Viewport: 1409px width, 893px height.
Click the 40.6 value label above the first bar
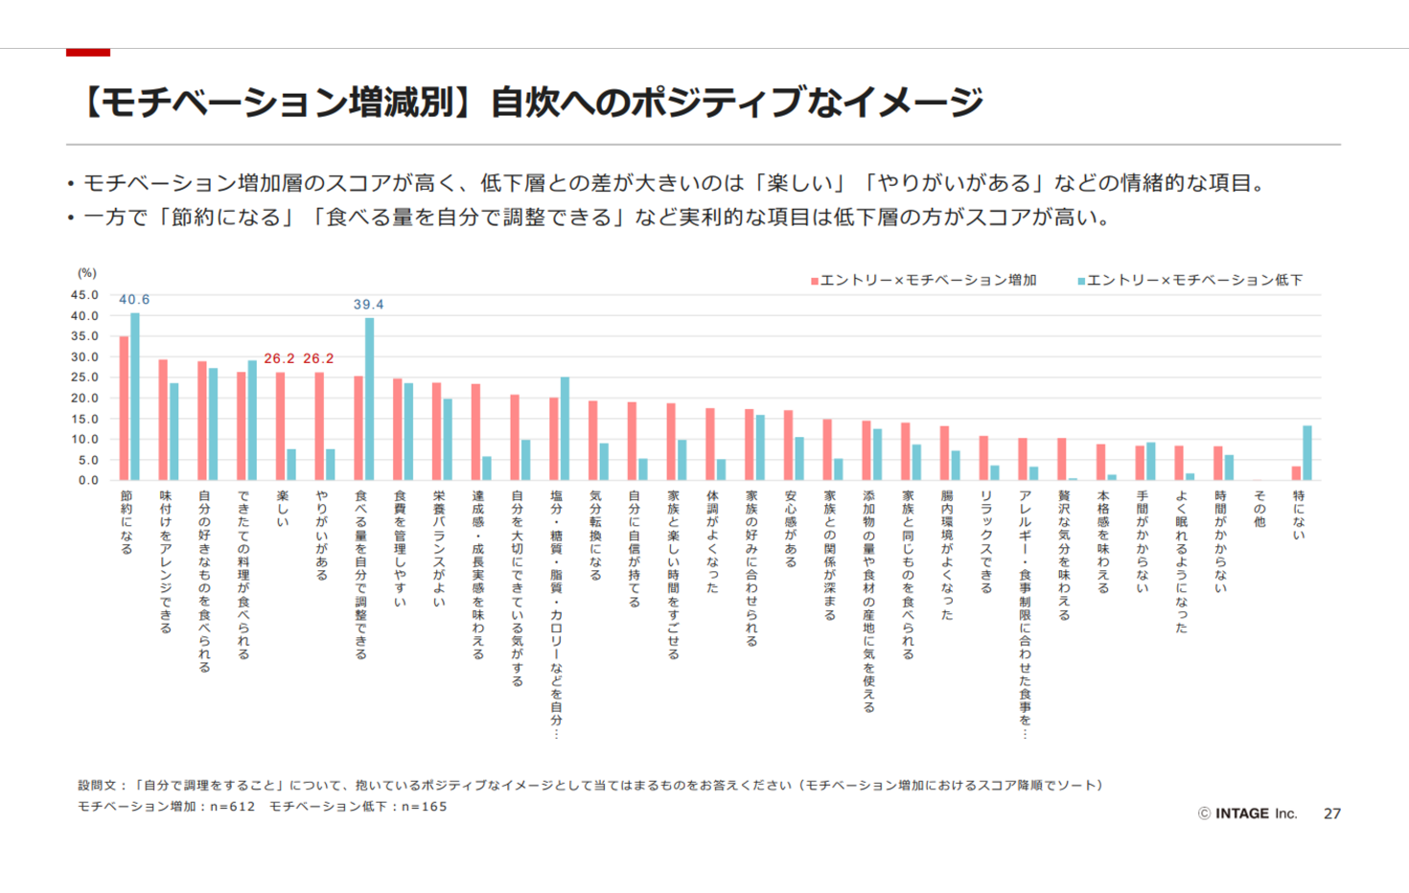pyautogui.click(x=134, y=300)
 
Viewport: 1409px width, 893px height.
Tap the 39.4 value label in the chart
pyautogui.click(x=368, y=305)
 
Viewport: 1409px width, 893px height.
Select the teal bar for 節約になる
pyautogui.click(x=135, y=397)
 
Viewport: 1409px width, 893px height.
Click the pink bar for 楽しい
pyautogui.click(x=280, y=426)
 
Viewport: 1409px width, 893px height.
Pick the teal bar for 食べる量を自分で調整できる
pyautogui.click(x=370, y=400)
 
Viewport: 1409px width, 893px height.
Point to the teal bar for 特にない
pyautogui.click(x=1307, y=453)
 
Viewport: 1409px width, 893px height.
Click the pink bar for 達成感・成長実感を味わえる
pyautogui.click(x=475, y=432)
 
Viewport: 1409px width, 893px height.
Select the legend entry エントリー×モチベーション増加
pyautogui.click(x=924, y=280)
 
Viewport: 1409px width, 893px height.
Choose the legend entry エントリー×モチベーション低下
pyautogui.click(x=1190, y=280)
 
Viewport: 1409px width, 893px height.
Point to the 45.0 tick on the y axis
pyautogui.click(x=84, y=295)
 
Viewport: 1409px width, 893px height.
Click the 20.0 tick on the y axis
pyautogui.click(x=84, y=399)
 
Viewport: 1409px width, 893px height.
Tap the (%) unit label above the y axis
pyautogui.click(x=87, y=273)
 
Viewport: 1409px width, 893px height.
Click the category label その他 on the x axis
pyautogui.click(x=1259, y=509)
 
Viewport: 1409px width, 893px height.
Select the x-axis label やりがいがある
pyautogui.click(x=321, y=536)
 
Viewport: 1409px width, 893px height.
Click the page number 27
pyautogui.click(x=1332, y=813)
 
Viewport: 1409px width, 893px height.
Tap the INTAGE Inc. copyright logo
pyautogui.click(x=1247, y=813)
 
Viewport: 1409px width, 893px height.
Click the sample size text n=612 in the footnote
pyautogui.click(x=233, y=807)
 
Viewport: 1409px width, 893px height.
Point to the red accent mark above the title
pyautogui.click(x=88, y=52)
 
